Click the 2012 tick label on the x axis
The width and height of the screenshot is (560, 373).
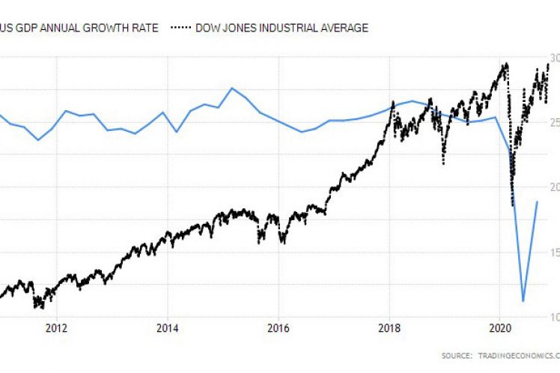pyautogui.click(x=57, y=327)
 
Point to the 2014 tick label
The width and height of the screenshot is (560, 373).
pyautogui.click(x=168, y=327)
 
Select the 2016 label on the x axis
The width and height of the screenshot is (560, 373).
pyautogui.click(x=279, y=327)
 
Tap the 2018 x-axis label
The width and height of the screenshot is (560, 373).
pyautogui.click(x=389, y=327)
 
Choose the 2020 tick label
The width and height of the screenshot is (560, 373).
pyautogui.click(x=500, y=327)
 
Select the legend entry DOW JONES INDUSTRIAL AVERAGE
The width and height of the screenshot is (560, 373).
pyautogui.click(x=280, y=28)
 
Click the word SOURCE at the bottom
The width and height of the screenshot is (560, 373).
pyautogui.click(x=457, y=355)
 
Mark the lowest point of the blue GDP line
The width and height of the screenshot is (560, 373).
pyautogui.click(x=523, y=301)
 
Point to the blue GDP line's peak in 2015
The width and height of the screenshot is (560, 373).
pyautogui.click(x=232, y=88)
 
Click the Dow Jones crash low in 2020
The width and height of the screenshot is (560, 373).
pyautogui.click(x=512, y=205)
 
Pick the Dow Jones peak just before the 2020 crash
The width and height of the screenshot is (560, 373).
pyautogui.click(x=506, y=64)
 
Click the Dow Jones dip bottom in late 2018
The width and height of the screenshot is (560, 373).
pyautogui.click(x=443, y=163)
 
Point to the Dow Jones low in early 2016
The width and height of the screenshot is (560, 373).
pyautogui.click(x=283, y=242)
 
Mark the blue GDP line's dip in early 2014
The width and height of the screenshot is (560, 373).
pyautogui.click(x=176, y=132)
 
